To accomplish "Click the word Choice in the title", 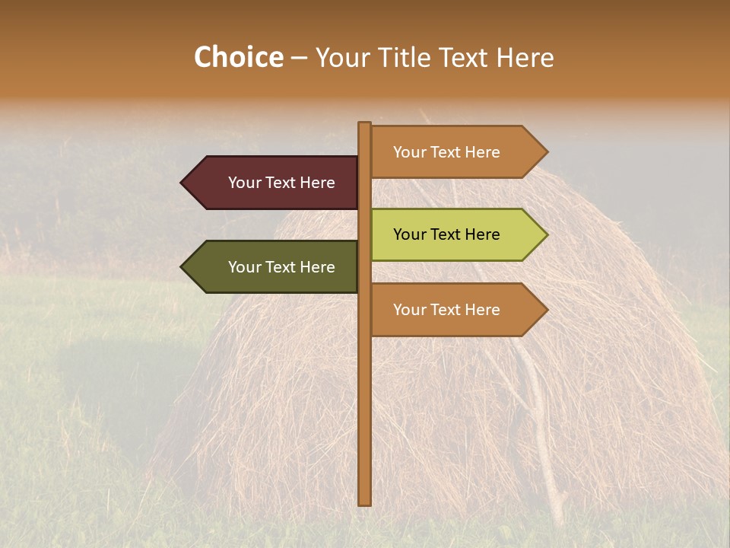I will point(238,58).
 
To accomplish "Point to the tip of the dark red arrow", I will point(182,183).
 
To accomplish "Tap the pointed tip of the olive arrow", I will point(182,267).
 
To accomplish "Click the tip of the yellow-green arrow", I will point(546,234).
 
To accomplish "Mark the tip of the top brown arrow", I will point(546,152).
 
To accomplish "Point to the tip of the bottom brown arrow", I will point(546,310).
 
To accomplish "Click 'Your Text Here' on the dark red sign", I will point(281,183).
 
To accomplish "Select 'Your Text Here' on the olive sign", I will point(281,267).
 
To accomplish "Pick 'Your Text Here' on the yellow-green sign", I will point(446,234).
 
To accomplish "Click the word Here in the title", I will point(525,58).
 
